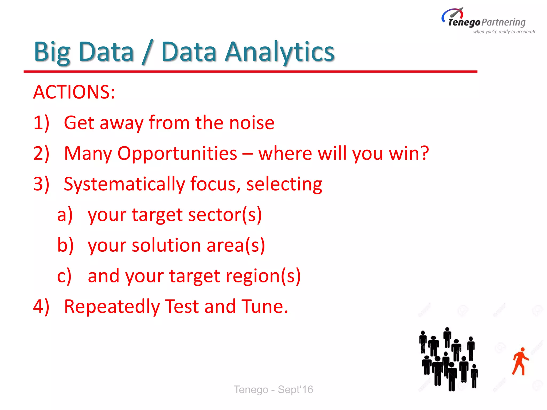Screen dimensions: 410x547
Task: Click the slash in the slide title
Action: (147, 52)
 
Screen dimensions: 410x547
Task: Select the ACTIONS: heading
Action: (74, 92)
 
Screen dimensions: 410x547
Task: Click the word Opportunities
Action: (177, 154)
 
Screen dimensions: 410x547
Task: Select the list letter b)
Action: (65, 245)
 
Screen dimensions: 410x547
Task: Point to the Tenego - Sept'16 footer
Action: (273, 389)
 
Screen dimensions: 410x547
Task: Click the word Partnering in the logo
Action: (504, 22)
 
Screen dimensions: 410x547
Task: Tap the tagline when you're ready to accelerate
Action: (505, 32)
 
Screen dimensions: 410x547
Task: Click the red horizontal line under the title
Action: (250, 72)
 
